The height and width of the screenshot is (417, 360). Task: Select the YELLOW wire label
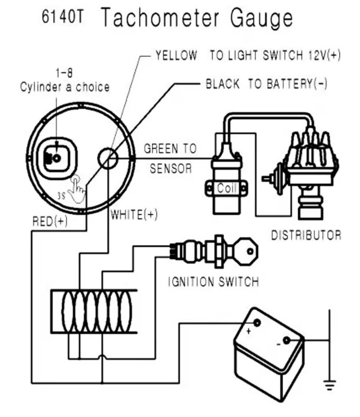176,56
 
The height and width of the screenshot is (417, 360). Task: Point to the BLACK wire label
223,84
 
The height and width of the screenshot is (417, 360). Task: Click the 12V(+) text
325,55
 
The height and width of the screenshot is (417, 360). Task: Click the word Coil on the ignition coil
226,188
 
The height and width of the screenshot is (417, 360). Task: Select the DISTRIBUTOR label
306,236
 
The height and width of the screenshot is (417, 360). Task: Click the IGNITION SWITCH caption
213,281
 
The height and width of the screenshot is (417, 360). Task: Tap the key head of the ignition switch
247,252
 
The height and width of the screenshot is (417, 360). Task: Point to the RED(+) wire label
50,221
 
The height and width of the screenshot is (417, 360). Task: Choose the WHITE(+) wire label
134,215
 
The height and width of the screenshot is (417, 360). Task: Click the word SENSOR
171,168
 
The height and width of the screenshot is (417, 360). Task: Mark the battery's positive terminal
257,323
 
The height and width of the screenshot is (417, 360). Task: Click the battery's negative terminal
286,340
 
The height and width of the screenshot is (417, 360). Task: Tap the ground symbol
330,385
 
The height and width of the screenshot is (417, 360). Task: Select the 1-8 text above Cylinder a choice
64,73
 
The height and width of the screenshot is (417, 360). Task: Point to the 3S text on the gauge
62,196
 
